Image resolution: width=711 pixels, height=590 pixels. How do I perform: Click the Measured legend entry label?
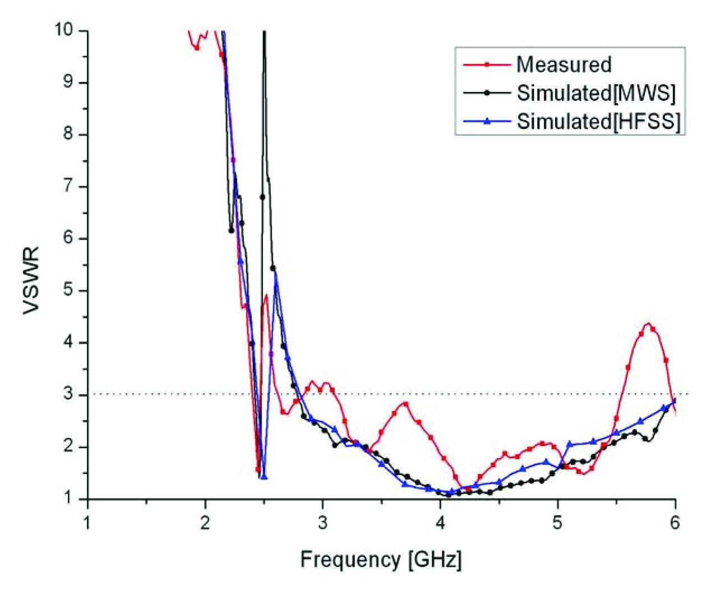pos(564,64)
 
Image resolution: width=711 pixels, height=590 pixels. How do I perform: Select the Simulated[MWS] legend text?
pos(596,93)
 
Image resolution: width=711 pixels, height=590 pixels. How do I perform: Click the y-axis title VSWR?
pos(31,281)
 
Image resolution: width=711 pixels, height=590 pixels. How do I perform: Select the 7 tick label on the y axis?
pos(68,186)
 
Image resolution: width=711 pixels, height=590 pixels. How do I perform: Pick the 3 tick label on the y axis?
pos(68,394)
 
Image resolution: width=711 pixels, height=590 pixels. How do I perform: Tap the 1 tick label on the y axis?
pos(68,499)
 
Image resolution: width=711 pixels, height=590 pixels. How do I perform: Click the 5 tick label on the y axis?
pos(68,291)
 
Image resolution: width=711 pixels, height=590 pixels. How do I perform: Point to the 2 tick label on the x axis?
pos(205,523)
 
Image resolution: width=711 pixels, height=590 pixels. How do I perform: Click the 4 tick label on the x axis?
pos(440,523)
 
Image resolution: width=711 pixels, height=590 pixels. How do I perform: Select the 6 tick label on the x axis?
pos(675,523)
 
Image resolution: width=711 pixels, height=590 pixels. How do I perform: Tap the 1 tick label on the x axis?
pos(88,523)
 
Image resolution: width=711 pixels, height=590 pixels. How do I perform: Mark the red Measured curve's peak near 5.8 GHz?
pos(648,323)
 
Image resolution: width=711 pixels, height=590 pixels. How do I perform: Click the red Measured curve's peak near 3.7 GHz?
pos(405,403)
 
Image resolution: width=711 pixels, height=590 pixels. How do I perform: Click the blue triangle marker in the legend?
pos(487,122)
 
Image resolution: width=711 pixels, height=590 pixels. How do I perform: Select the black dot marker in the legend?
pos(487,93)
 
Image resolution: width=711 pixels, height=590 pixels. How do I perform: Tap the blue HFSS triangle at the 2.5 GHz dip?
pos(264,477)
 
